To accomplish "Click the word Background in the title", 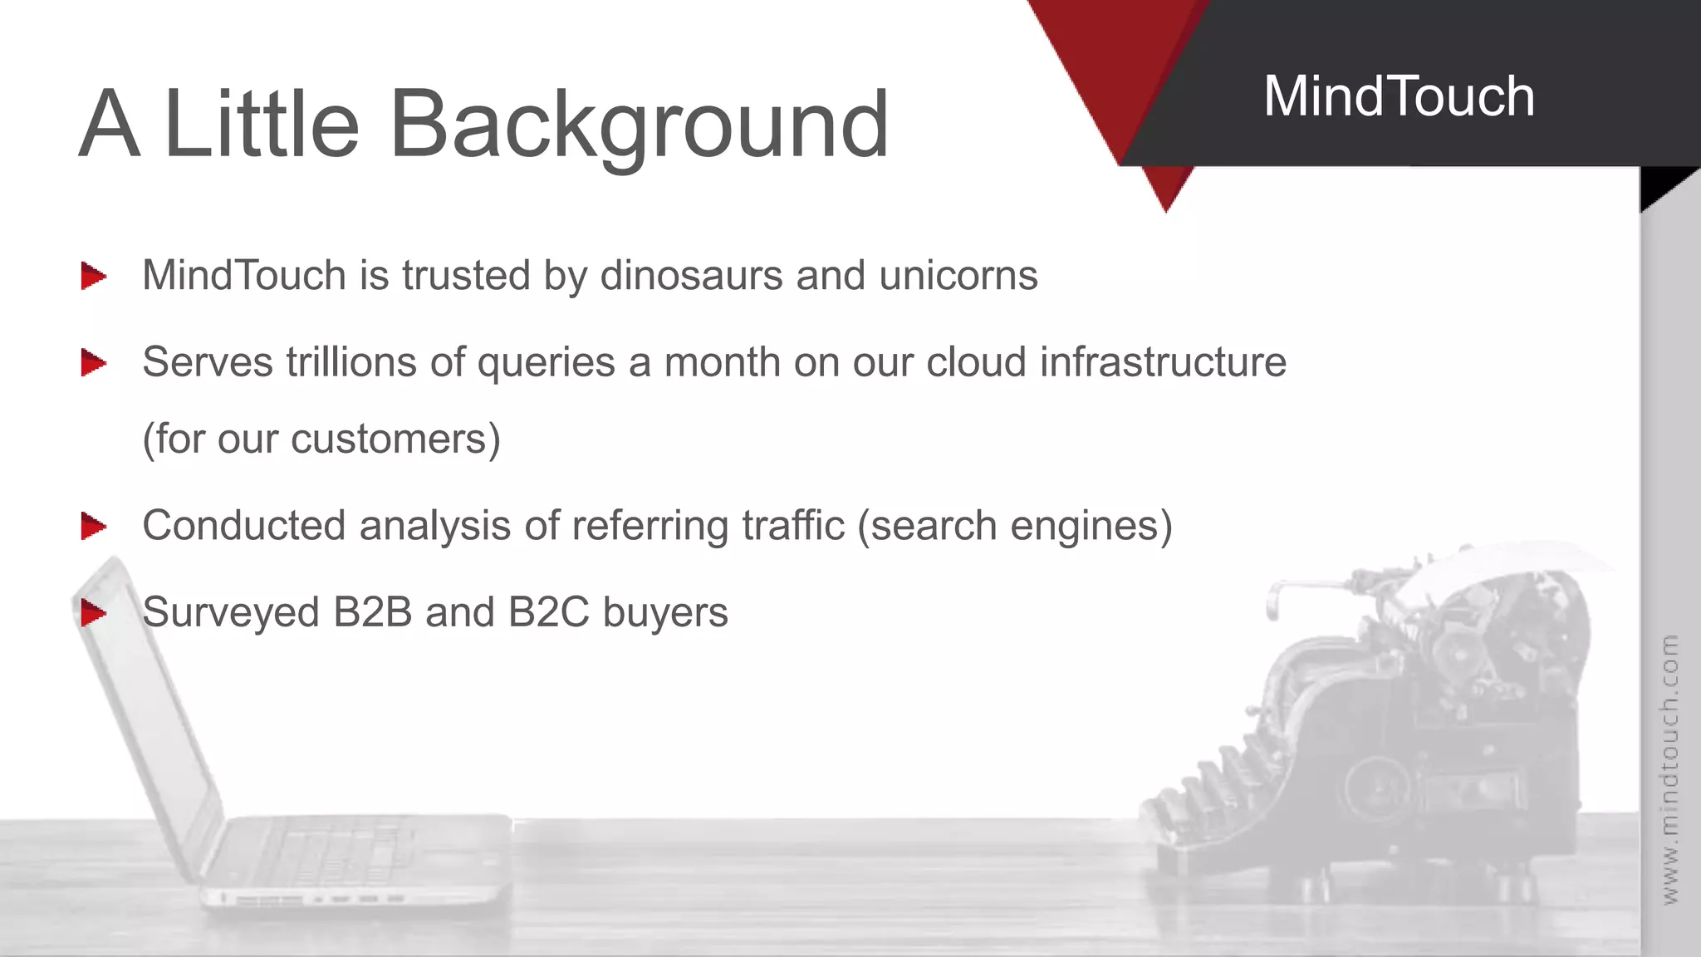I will (640, 125).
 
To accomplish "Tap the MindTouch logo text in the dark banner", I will (1399, 96).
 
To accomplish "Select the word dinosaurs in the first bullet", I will (691, 275).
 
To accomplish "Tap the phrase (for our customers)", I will (321, 439).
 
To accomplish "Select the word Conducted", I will (243, 526).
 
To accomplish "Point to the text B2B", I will (373, 612).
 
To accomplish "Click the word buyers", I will (665, 613).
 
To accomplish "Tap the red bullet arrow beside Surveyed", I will (93, 613).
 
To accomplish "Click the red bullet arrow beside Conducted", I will (93, 526).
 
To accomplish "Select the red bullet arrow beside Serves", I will (93, 362).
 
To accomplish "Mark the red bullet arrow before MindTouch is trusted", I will (93, 276).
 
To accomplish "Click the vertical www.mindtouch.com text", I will (1670, 768).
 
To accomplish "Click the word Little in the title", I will (262, 125).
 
